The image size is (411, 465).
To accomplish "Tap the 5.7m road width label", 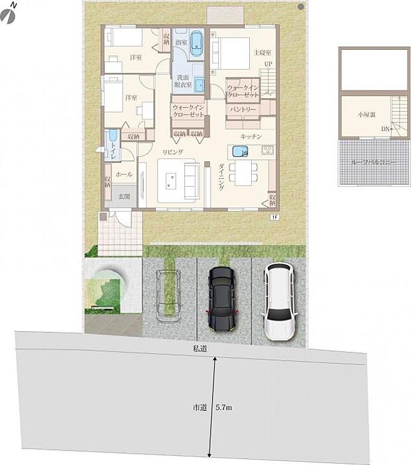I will pos(224,407).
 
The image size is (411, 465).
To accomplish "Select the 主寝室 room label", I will pos(263,51).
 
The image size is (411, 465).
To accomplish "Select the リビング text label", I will pos(172,152).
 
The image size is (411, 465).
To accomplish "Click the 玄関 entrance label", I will pos(124,195).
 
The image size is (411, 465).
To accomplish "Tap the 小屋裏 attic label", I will pos(367,113).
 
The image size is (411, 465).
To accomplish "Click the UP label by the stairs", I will pos(268,64).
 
